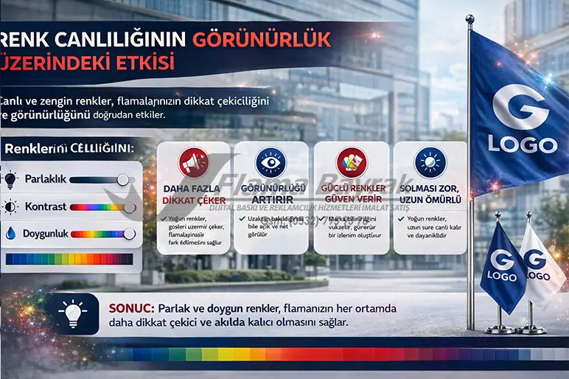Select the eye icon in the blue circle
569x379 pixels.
pos(270,162)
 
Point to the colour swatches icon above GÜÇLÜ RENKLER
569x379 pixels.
pos(350,162)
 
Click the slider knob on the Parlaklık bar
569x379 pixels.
pos(123,180)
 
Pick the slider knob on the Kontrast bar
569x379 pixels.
pos(130,207)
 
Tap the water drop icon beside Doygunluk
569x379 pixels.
pos(10,234)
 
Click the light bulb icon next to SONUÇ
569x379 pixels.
pos(72,313)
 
